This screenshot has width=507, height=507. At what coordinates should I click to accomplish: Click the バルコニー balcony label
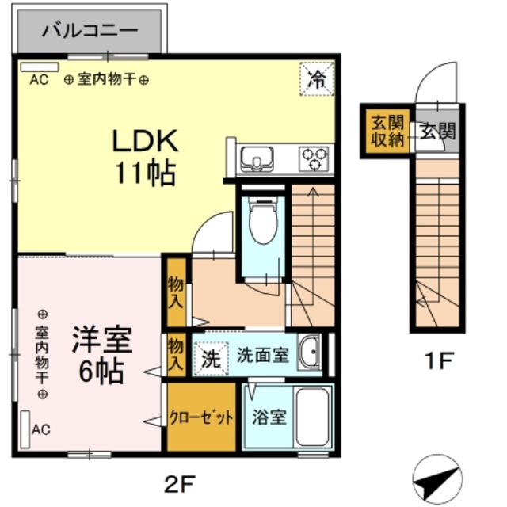90,32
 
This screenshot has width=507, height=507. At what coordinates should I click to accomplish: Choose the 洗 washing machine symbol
209,357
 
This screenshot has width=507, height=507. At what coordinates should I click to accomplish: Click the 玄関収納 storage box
387,131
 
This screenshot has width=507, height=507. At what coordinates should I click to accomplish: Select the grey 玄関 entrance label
437,132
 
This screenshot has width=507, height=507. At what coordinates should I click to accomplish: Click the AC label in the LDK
39,79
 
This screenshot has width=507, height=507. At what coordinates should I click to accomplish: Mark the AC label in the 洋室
41,430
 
